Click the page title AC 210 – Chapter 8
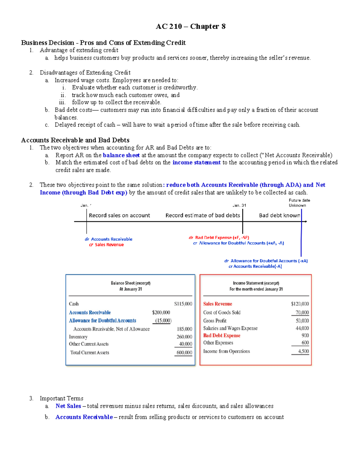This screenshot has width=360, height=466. (x=190, y=27)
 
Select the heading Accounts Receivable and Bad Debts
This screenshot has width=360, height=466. (x=75, y=140)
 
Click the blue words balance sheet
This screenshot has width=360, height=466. (x=121, y=155)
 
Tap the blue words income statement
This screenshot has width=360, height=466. (x=196, y=162)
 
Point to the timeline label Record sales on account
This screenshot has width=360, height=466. (x=119, y=215)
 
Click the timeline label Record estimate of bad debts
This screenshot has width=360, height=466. (x=202, y=215)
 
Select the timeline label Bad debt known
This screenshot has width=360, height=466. (x=279, y=215)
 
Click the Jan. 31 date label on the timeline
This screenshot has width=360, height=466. (x=239, y=206)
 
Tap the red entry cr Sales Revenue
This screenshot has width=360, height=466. (x=106, y=245)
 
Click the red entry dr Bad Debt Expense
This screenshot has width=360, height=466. (x=219, y=237)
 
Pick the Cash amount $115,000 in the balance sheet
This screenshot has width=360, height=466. (x=183, y=304)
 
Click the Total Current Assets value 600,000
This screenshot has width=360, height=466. (x=184, y=353)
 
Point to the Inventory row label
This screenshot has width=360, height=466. (x=78, y=337)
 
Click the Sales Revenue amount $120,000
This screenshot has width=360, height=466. (x=300, y=304)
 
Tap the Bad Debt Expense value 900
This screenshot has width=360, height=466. (x=305, y=335)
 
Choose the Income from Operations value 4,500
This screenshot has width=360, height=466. (x=303, y=351)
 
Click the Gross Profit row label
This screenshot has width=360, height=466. (x=215, y=321)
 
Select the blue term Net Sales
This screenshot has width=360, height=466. (x=68, y=406)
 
